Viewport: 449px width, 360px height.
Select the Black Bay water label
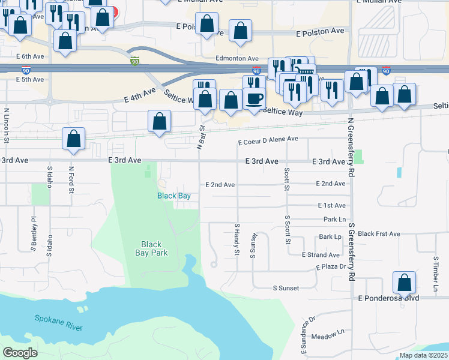[x=174, y=196]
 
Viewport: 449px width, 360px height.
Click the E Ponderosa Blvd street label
[x=397, y=298]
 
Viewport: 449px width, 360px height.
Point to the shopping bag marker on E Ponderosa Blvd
[x=405, y=282]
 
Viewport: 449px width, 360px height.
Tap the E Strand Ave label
[x=322, y=255]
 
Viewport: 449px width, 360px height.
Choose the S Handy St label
[x=237, y=239]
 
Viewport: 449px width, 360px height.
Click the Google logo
[x=20, y=353]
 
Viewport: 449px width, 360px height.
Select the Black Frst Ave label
[x=379, y=233]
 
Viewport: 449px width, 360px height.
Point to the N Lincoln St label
[x=6, y=125]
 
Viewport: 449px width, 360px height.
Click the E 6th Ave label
[x=31, y=56]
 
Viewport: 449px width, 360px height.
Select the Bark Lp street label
[x=330, y=237]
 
